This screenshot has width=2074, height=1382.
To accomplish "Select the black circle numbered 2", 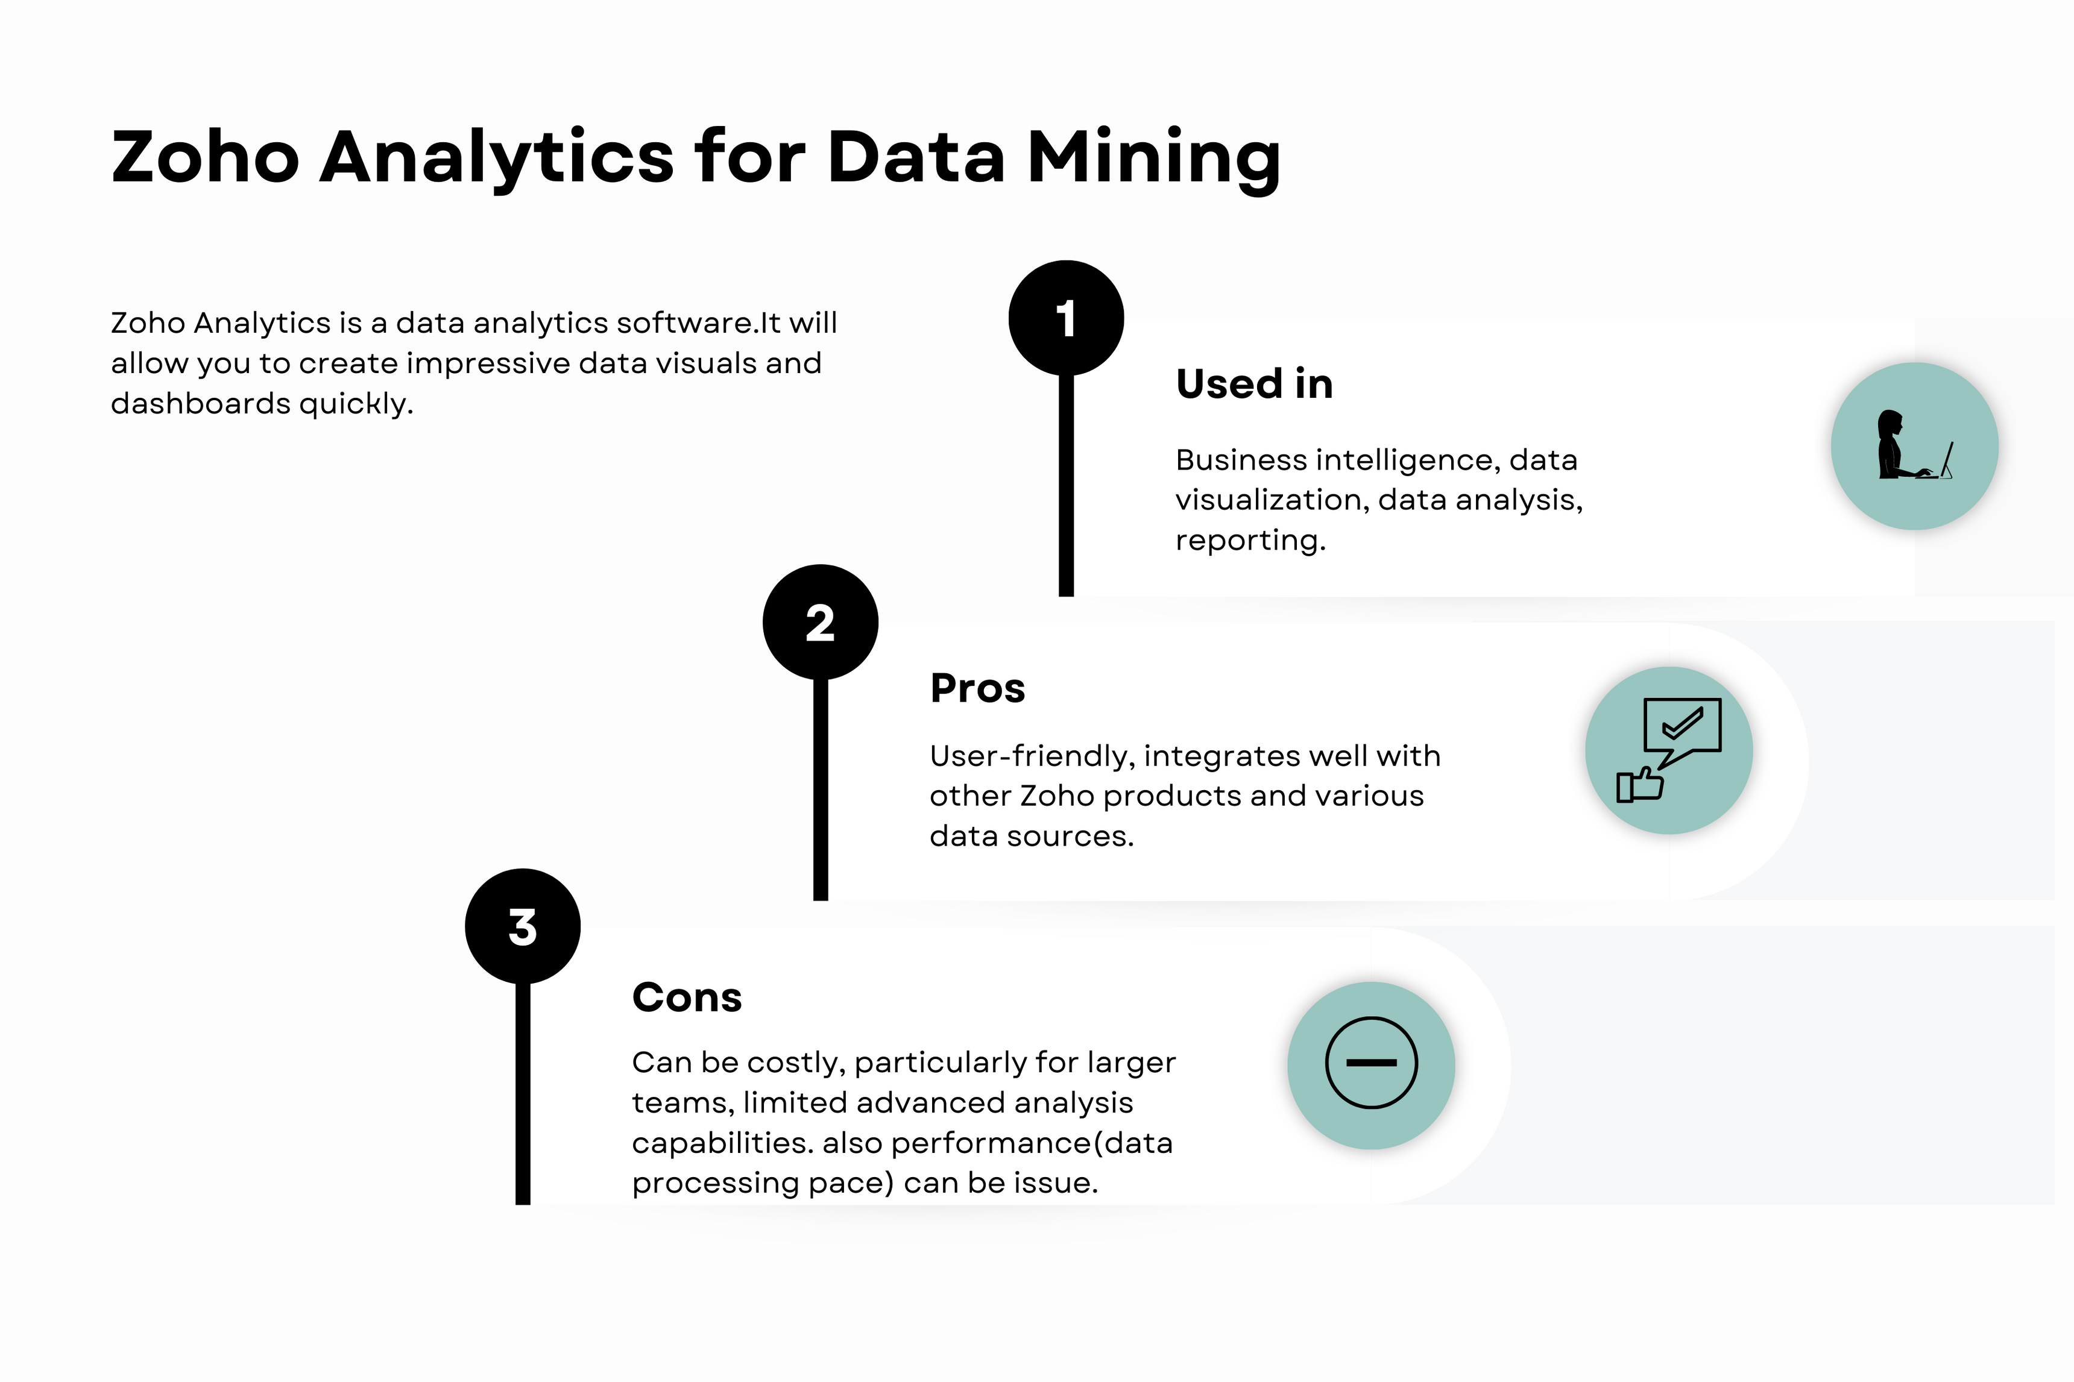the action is click(820, 622).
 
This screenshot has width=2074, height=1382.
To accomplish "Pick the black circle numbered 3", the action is click(523, 926).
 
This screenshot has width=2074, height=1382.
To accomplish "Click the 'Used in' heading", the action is click(1253, 385).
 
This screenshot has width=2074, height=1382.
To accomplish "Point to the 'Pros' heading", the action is click(977, 688).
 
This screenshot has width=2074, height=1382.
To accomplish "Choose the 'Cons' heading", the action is click(687, 997).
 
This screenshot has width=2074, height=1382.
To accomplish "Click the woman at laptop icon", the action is click(1912, 447).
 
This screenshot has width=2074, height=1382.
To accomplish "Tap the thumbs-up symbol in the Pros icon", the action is click(1639, 784).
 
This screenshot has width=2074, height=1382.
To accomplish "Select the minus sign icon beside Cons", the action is click(1372, 1063).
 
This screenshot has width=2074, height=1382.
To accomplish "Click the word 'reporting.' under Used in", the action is click(1250, 540).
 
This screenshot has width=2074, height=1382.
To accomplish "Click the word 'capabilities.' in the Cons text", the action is click(722, 1143).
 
